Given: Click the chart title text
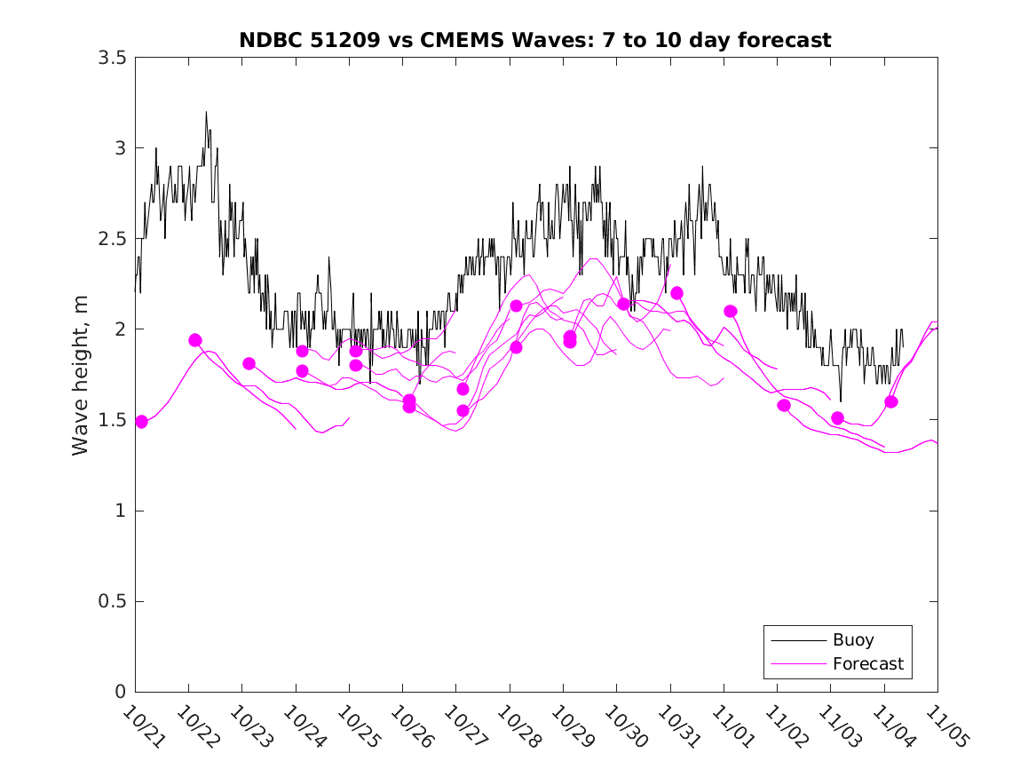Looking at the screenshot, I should pos(534,40).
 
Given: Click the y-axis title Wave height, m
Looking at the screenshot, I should pos(81,374).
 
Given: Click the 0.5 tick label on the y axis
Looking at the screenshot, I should pos(111,601).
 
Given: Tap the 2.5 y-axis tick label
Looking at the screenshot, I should pos(111,239).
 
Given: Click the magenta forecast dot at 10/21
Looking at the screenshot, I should pos(141,422).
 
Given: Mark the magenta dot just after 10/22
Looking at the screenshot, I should pos(195,340).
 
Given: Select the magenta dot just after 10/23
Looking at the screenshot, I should pos(249,363).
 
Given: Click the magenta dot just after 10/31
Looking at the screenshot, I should pos(676,293).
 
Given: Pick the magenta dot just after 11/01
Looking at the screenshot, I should pos(731,311).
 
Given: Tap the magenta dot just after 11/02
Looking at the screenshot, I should pos(784,405).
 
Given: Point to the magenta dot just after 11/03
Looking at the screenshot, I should pos(837,417).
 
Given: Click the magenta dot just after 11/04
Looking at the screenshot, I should pos(891,401).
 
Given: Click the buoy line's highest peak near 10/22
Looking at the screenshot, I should pos(206,112).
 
